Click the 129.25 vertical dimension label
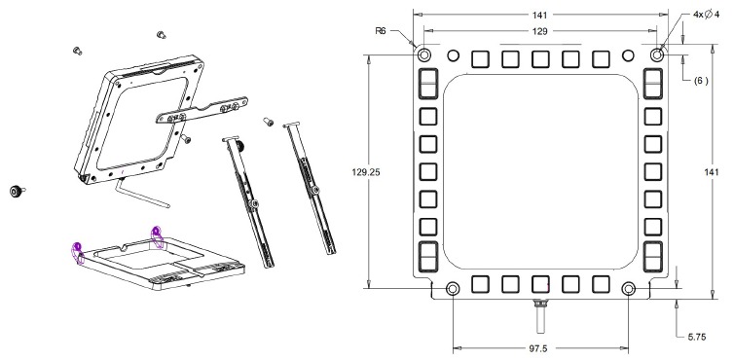click(x=366, y=172)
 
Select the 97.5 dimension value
click(x=539, y=348)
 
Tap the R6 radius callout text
click(x=381, y=31)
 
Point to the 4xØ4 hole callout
click(x=706, y=15)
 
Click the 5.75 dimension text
click(x=697, y=337)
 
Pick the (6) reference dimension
click(x=701, y=81)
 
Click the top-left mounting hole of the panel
click(x=424, y=54)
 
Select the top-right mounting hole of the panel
click(x=657, y=54)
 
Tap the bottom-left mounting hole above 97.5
click(x=453, y=288)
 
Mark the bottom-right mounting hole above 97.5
click(x=628, y=288)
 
